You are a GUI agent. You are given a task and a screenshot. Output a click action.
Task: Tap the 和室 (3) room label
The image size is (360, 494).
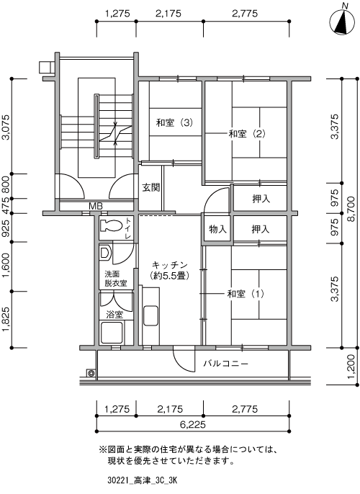click(174, 122)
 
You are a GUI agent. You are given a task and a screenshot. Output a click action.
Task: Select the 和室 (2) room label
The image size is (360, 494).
click(247, 134)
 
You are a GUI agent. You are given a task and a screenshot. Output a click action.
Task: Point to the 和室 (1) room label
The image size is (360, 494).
click(246, 294)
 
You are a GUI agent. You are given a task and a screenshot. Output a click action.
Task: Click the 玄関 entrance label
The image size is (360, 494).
click(151, 188)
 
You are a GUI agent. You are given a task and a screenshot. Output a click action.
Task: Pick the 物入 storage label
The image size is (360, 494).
click(218, 229)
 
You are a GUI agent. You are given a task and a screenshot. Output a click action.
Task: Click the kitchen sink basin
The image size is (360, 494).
click(150, 316)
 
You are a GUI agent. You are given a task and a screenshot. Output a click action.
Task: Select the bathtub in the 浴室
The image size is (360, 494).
click(111, 333)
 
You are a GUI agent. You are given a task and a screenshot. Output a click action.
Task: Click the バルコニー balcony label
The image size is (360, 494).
click(226, 364)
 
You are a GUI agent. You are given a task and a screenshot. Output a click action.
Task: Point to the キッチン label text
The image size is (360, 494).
click(170, 265)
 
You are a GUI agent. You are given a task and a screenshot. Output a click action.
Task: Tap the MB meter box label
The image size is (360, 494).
click(96, 207)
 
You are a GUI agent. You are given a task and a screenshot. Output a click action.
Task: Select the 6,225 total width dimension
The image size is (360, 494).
click(193, 424)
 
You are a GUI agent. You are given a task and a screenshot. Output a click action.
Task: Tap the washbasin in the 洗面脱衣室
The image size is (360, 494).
click(105, 253)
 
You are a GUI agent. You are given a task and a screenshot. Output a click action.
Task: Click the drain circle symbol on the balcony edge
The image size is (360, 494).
click(91, 373)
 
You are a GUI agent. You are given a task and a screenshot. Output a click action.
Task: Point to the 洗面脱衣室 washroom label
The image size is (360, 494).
click(116, 279)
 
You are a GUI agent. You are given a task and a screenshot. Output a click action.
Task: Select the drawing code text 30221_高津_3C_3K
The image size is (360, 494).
click(142, 481)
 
